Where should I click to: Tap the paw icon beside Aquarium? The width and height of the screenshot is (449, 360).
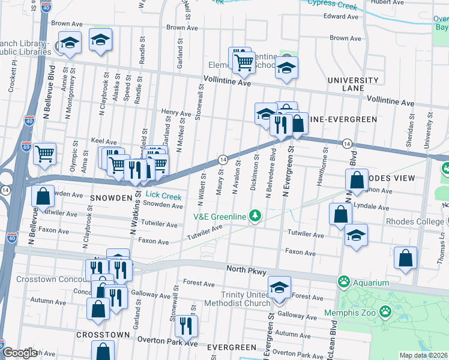(344, 281)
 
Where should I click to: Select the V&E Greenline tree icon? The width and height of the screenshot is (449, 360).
(256, 215)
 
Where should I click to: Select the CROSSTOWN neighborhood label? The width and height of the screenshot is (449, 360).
(103, 334)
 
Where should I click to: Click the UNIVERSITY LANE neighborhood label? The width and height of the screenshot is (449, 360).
(353, 84)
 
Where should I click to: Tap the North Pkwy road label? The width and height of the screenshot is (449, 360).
(246, 271)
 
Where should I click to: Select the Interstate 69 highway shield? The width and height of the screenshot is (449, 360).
(26, 146)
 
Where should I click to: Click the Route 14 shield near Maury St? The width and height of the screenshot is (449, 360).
(222, 159)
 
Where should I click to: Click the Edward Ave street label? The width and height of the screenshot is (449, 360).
(341, 16)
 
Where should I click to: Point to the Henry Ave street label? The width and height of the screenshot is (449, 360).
(176, 112)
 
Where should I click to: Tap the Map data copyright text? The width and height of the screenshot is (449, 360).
(423, 355)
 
